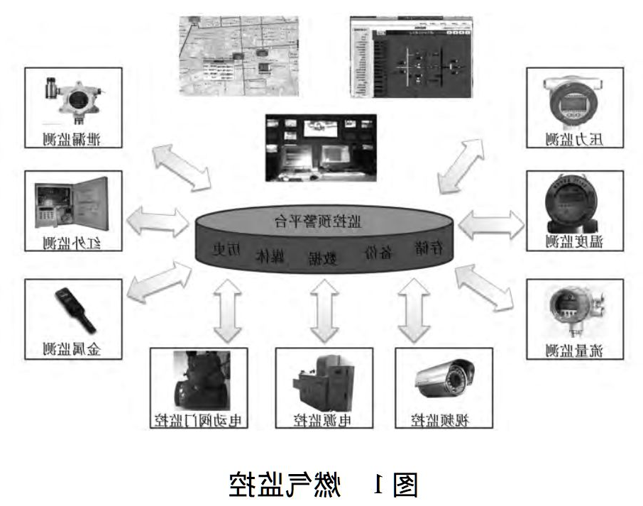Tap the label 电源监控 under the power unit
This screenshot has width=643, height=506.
[x=323, y=419]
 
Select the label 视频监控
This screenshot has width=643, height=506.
[x=443, y=419]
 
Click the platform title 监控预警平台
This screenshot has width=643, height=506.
[x=328, y=221]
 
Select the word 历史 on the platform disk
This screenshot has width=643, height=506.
[x=227, y=250]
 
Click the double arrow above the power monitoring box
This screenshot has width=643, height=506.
[x=324, y=311]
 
